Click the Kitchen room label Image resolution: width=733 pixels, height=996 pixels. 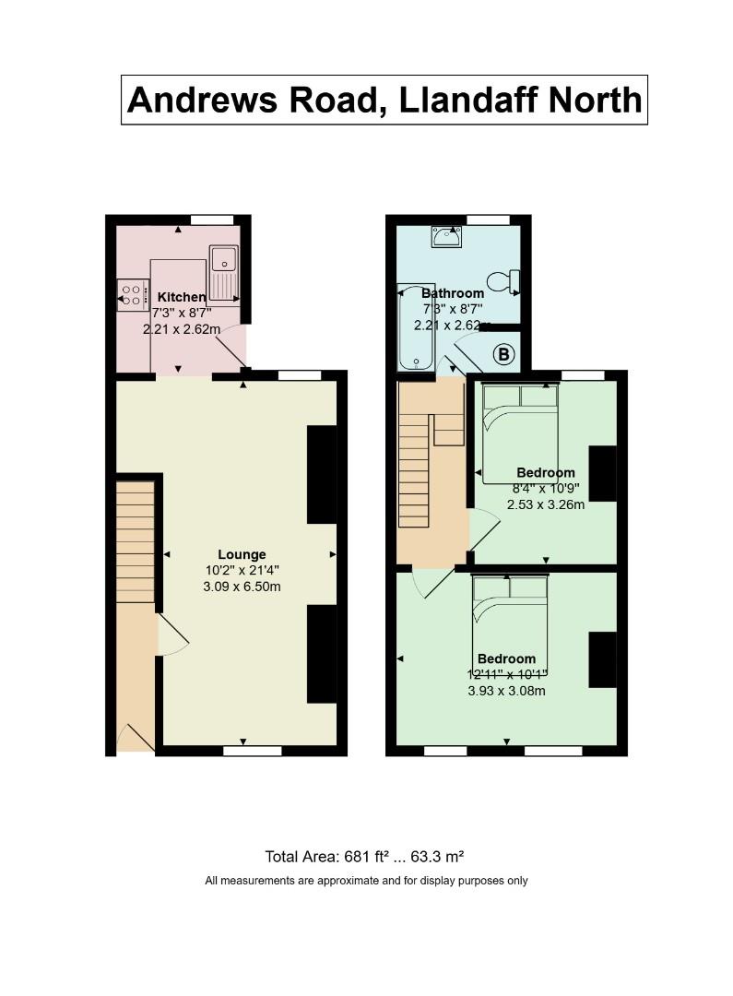pos(182,297)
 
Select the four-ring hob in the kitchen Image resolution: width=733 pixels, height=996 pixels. pos(131,295)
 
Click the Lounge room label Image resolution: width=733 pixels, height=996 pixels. pos(242,554)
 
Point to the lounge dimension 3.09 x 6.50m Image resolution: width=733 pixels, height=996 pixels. pos(242,587)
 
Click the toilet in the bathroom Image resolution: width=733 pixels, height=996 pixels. pos(504,280)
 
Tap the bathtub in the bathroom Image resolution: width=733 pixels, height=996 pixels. pos(416,327)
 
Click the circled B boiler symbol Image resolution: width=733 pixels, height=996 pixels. pos(503,354)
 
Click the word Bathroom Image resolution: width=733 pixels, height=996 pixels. pos(453,293)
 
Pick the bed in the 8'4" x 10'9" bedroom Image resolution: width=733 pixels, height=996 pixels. pos(520,432)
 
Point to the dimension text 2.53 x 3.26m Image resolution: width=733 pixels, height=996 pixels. pos(546,505)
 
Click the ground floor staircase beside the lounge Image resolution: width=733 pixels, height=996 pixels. pos(136,542)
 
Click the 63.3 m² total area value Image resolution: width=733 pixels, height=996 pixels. pos(437,856)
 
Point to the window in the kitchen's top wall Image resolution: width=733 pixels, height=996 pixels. pos(211,219)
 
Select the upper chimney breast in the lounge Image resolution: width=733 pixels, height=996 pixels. pos(322,475)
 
